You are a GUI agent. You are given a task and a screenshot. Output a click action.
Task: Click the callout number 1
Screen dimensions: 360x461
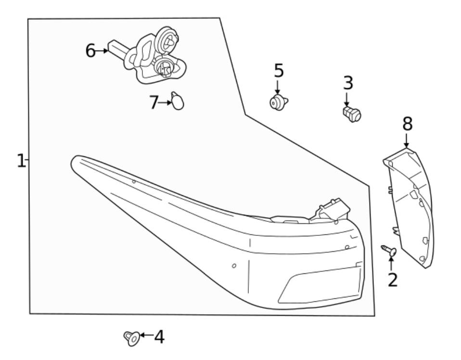20,160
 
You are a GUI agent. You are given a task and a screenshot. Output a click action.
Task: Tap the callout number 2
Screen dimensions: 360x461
393,279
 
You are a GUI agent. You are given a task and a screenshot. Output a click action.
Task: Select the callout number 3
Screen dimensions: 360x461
348,83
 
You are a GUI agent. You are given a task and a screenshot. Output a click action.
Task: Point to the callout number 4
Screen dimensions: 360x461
159,337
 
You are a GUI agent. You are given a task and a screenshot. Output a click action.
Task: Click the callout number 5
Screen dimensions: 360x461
279,71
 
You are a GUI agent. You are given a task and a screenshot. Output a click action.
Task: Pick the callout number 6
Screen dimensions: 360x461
90,51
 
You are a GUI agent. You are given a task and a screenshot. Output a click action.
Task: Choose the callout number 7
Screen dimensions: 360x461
154,102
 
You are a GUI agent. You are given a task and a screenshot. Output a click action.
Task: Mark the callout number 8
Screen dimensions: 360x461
407,124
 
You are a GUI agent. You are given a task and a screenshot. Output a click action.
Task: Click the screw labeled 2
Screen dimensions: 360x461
389,250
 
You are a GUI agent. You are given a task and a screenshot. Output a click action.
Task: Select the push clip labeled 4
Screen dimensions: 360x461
131,338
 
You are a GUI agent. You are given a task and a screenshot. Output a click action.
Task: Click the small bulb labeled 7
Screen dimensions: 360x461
178,102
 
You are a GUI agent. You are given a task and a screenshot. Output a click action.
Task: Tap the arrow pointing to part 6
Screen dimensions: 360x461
102,51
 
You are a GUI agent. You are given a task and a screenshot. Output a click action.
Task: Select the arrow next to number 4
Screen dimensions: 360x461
146,335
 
